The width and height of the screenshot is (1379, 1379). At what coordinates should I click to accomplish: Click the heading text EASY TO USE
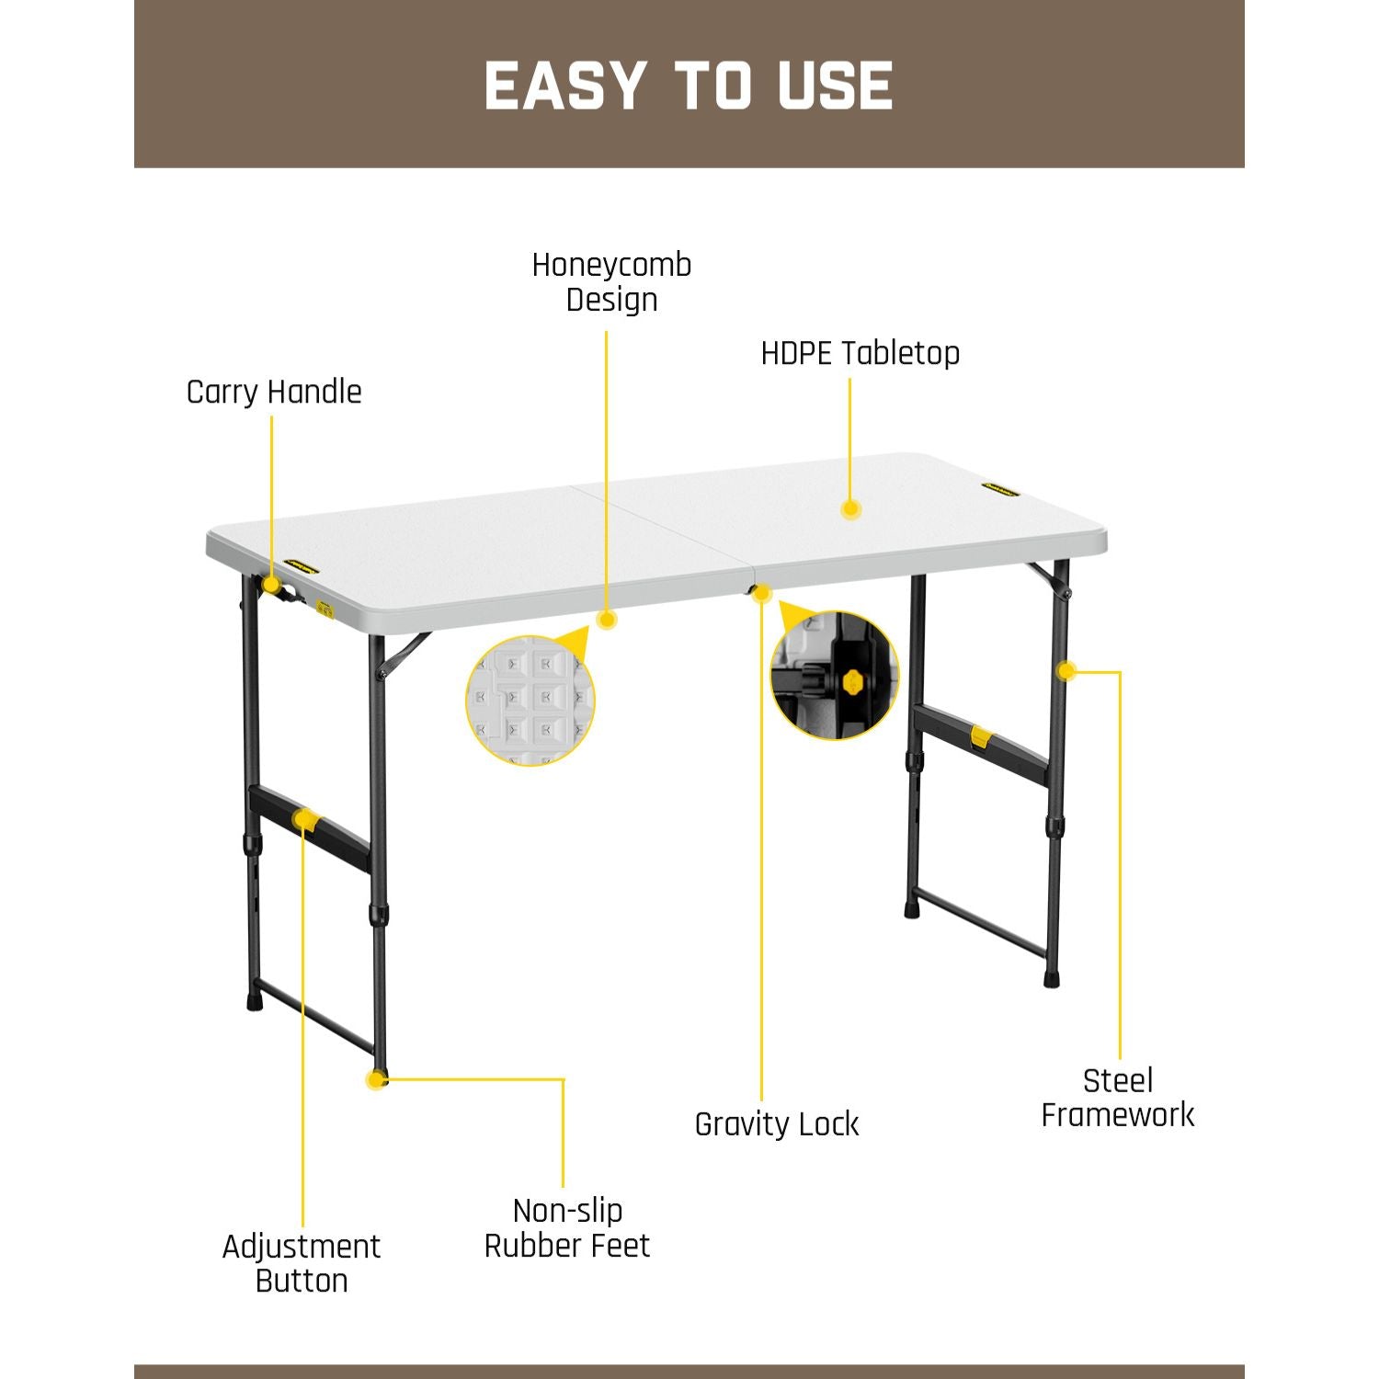689,85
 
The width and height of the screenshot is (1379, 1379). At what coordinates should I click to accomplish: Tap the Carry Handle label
274,393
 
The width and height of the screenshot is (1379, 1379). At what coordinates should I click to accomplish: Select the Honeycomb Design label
611,282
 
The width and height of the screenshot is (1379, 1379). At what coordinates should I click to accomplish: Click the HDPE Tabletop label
860,353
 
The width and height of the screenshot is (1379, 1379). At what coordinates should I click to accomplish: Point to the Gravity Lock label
777,1124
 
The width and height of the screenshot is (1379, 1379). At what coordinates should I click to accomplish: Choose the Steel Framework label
1117,1098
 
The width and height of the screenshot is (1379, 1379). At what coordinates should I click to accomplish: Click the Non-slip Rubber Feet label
567,1228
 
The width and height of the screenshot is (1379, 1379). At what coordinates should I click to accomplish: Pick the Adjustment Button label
302,1263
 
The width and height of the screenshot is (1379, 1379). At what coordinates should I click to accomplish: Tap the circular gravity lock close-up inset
835,676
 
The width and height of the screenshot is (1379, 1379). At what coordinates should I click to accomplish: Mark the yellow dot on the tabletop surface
850,508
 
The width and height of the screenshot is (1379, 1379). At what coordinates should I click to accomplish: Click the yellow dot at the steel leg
1066,671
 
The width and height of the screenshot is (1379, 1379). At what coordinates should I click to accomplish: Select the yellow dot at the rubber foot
375,1079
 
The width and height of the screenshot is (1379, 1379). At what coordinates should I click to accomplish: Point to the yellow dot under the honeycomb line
607,620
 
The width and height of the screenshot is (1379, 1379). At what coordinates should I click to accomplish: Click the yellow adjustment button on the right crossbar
981,736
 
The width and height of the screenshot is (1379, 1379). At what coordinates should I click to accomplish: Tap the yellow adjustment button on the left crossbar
304,819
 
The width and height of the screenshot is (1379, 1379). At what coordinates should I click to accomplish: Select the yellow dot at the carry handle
271,585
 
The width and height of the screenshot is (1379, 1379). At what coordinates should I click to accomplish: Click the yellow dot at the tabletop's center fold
761,594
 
